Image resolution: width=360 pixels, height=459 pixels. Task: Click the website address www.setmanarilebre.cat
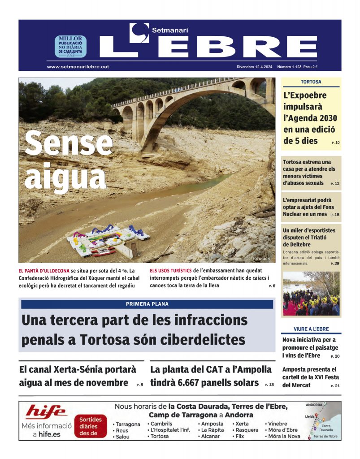point(78,66)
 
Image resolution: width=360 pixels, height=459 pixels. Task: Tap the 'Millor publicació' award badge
point(70,47)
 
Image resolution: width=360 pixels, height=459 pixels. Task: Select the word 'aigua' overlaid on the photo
point(65,177)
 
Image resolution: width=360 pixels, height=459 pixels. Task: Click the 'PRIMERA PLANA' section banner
point(147,304)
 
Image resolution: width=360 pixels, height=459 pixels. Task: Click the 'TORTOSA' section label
point(311,82)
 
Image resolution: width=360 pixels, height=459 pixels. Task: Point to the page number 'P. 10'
point(335,143)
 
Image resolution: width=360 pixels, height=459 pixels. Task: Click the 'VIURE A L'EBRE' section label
point(311,329)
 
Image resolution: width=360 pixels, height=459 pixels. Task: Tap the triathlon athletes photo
point(311,294)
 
